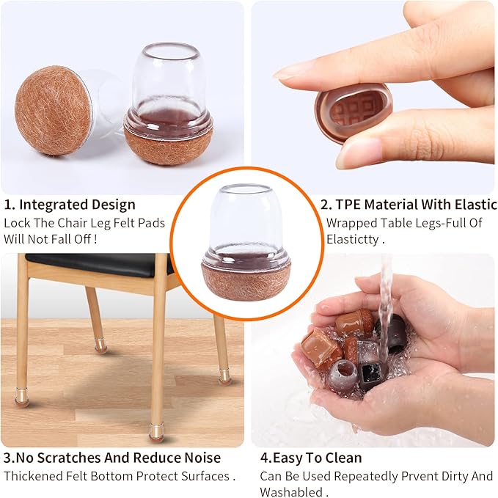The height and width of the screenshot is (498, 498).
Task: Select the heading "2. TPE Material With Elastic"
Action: click(411, 205)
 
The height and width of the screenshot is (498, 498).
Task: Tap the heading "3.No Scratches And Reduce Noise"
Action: click(111, 458)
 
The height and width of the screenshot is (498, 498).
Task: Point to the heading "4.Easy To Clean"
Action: click(311, 458)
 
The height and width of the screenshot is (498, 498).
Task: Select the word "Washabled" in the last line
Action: click(288, 491)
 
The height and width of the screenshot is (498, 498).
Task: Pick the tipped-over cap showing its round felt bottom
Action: click(54, 110)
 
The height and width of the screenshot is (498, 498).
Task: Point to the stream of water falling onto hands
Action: click(385, 293)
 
